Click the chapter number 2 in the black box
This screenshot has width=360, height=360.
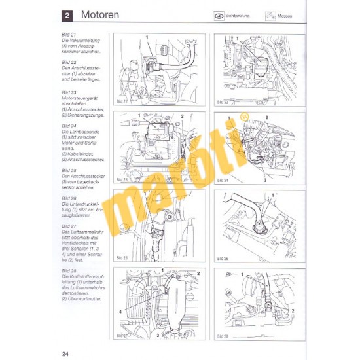tap(68, 14)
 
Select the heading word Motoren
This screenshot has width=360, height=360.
tap(100, 14)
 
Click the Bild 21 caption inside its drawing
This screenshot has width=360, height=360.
tap(122, 101)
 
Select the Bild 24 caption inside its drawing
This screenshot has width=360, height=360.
tap(222, 179)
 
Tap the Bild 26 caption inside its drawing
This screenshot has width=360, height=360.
tap(222, 257)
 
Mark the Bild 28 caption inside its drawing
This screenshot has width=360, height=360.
tap(222, 335)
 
